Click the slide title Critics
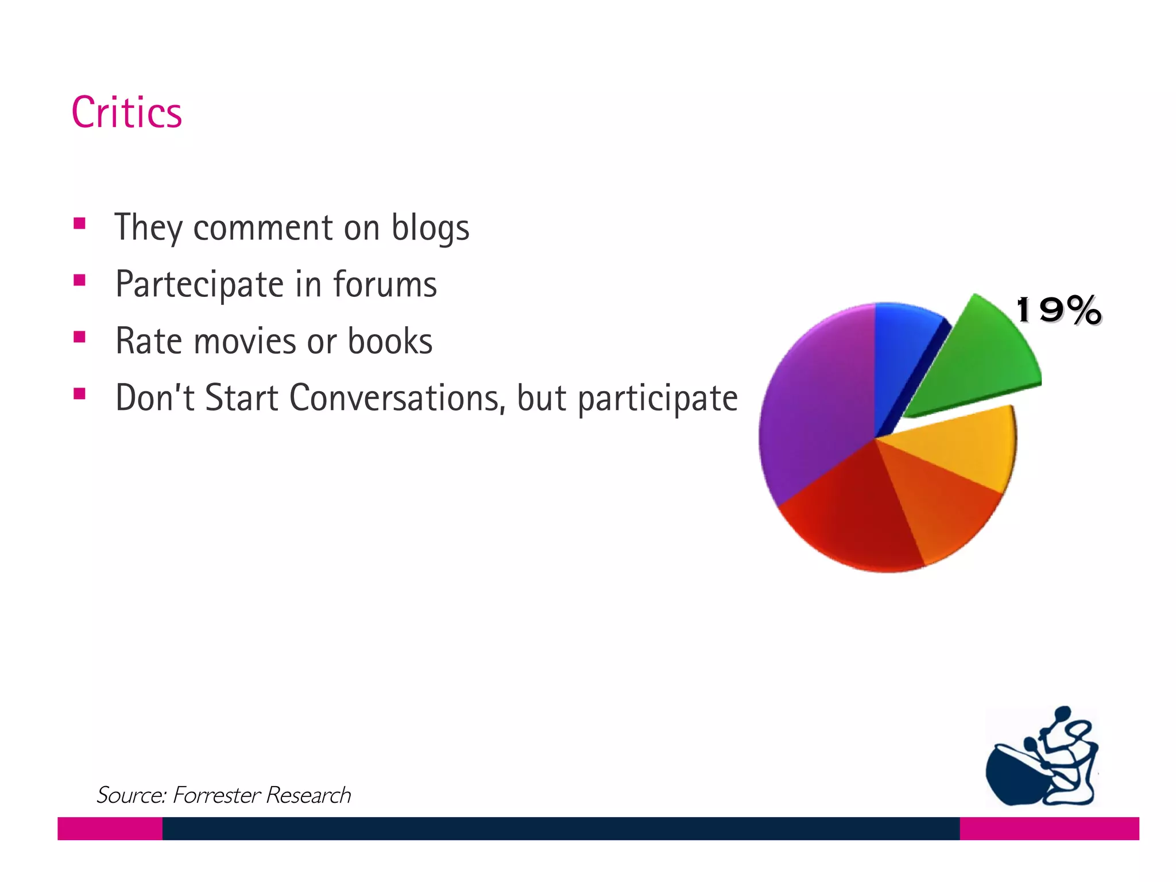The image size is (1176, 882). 127,113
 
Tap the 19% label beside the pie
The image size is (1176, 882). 1058,311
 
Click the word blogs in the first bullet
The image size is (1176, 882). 430,228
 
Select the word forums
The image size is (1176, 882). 385,284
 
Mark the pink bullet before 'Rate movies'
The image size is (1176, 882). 80,336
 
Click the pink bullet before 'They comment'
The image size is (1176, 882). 80,223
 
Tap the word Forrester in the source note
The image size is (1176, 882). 216,795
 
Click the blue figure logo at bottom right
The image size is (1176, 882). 1042,758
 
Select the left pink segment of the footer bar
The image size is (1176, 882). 110,829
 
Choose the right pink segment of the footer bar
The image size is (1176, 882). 1049,829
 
